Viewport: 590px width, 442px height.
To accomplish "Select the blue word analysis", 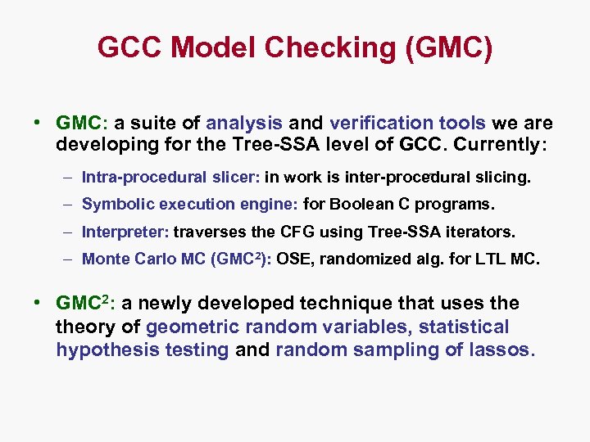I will [x=244, y=124].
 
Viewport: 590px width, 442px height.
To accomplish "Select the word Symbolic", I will [x=113, y=204].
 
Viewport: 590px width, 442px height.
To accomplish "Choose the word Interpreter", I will [x=117, y=232].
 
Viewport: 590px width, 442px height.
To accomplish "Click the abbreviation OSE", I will [x=293, y=259].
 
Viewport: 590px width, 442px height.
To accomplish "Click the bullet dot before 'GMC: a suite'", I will [x=38, y=124].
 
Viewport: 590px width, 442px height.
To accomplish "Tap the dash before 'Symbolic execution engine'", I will [x=70, y=204].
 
